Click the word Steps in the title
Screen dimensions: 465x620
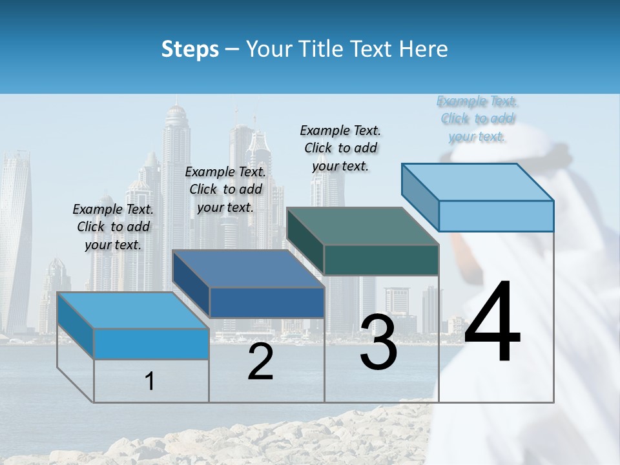click(x=190, y=49)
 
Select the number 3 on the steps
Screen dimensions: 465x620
click(x=378, y=342)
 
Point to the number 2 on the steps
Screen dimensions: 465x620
click(x=260, y=362)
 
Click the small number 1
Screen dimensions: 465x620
click(x=150, y=382)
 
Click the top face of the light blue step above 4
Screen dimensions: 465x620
click(x=477, y=181)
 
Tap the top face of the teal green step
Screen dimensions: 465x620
click(x=362, y=226)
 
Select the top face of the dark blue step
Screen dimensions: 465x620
click(x=247, y=269)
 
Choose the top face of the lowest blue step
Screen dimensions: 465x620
click(x=133, y=310)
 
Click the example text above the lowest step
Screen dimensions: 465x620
click(x=113, y=227)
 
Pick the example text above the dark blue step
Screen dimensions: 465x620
click(x=225, y=189)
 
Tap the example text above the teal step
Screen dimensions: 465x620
click(x=340, y=148)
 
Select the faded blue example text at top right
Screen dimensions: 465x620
click(x=477, y=118)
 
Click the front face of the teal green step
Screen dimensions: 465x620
click(x=381, y=260)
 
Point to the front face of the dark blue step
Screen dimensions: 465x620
click(x=267, y=302)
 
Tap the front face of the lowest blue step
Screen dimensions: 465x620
click(x=151, y=344)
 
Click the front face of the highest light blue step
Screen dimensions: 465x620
click(x=496, y=216)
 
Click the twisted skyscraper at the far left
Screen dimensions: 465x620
click(x=14, y=239)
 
